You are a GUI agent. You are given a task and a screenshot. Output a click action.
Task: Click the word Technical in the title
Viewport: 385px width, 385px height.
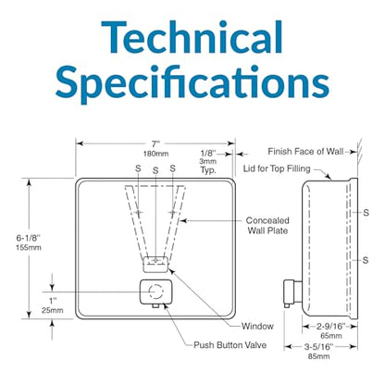[192, 38]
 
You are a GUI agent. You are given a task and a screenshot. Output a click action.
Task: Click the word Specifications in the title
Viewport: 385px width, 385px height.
[192, 83]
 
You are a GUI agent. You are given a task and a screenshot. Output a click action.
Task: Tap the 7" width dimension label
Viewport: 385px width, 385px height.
[155, 144]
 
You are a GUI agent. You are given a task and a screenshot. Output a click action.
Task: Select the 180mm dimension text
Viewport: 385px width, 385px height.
[155, 154]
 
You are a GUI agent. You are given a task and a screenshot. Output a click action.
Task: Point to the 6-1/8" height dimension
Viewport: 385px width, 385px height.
[29, 238]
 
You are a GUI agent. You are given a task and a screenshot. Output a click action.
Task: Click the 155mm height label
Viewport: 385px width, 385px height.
[29, 247]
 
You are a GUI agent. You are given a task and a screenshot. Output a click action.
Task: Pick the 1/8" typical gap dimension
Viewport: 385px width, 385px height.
[208, 153]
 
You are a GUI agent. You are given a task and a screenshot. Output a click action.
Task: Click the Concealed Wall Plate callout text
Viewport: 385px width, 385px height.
[267, 226]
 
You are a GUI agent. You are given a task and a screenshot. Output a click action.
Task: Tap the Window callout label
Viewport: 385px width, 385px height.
[257, 326]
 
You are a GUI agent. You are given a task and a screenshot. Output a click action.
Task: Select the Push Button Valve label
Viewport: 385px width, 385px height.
[230, 345]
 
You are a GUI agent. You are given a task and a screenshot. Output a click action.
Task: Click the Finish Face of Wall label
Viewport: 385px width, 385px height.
[305, 152]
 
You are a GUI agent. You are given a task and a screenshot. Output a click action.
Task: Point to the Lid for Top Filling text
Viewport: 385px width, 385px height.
[277, 168]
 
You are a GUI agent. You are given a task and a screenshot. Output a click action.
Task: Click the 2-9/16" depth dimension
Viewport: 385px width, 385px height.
[330, 326]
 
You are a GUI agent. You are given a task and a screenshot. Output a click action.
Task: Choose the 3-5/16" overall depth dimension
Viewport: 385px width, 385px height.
[319, 347]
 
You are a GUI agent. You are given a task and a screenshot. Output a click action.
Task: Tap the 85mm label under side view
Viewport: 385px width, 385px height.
[318, 356]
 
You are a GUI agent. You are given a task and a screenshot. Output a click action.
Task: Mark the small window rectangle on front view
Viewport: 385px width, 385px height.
[155, 265]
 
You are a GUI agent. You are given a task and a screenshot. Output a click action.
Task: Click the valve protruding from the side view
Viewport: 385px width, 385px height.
[292, 292]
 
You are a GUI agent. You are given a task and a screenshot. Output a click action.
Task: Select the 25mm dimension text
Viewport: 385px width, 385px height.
[53, 310]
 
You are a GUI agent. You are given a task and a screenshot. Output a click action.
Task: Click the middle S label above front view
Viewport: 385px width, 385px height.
[155, 170]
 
